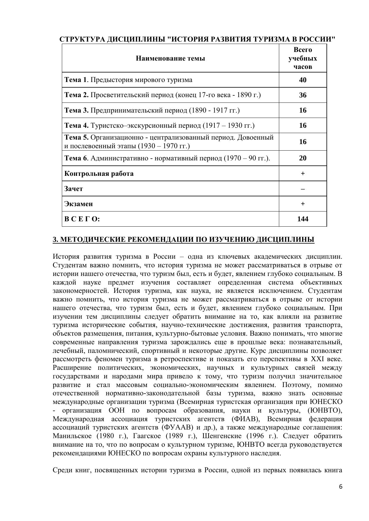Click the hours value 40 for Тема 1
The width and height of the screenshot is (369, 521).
[x=303, y=80]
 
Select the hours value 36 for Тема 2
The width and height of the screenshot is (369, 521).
[x=303, y=95]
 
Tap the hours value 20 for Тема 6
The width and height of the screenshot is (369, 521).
[x=303, y=158]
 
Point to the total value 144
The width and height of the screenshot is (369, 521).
[x=303, y=219]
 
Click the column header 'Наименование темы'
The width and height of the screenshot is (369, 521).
[x=170, y=58]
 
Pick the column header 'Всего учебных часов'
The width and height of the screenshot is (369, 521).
[x=303, y=58]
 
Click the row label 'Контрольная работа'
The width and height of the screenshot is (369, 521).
[x=99, y=173]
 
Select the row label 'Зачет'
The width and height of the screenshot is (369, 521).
[x=74, y=189]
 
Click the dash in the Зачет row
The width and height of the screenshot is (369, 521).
[x=303, y=189]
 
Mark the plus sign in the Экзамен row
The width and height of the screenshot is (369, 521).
[x=303, y=204]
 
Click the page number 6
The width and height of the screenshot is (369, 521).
[x=340, y=487]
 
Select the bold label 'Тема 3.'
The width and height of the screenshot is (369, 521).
[x=76, y=110]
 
